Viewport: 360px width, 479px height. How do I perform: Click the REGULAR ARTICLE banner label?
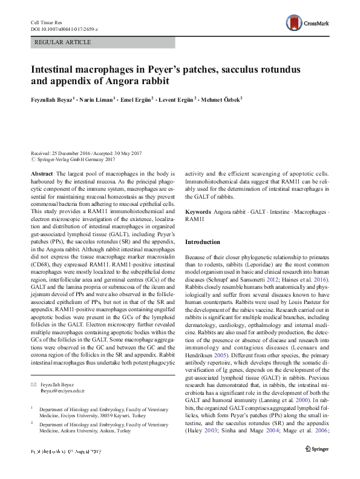64,42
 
